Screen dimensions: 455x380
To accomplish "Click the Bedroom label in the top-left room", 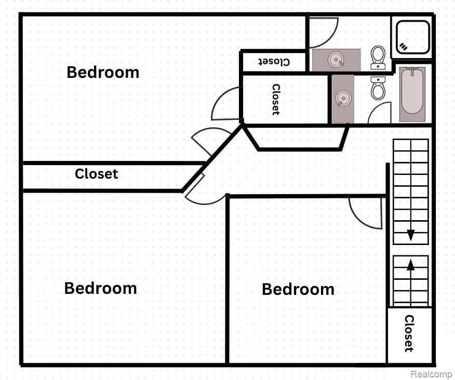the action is (103, 72).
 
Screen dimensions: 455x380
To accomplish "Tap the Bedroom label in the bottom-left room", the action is (100, 288).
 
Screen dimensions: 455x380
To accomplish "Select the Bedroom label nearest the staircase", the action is (298, 289).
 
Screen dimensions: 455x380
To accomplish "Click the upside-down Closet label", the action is (274, 62).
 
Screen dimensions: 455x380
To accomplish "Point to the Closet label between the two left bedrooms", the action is (96, 174).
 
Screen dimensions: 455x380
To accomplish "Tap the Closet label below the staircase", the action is (409, 334).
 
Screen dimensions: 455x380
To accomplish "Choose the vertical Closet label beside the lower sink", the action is (276, 100).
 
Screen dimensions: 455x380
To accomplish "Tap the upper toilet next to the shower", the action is (378, 58).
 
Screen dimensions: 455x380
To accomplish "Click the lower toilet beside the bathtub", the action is (378, 88).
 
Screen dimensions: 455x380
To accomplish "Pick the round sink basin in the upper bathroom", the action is (336, 60).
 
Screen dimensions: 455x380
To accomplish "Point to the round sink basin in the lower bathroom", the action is (343, 98).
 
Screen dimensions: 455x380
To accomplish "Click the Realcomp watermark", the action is (431, 374).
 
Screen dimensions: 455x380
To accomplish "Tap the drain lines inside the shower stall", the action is (404, 46).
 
